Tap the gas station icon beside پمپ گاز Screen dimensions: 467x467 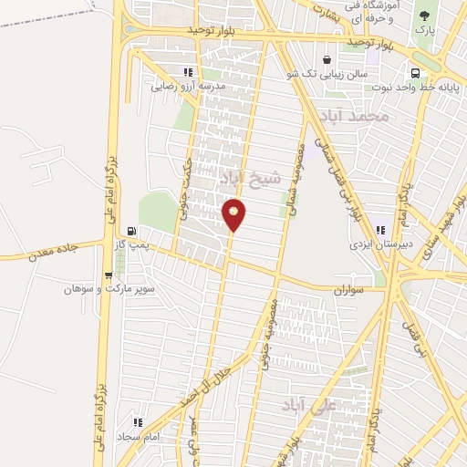(134, 231)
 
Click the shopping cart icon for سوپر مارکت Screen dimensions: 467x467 (109, 274)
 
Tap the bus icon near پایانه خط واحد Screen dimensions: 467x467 (415, 73)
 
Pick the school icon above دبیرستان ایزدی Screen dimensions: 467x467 (379, 230)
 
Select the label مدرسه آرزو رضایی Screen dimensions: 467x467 (187, 86)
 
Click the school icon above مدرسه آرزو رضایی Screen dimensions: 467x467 (188, 71)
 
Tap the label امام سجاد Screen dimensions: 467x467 (138, 437)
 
